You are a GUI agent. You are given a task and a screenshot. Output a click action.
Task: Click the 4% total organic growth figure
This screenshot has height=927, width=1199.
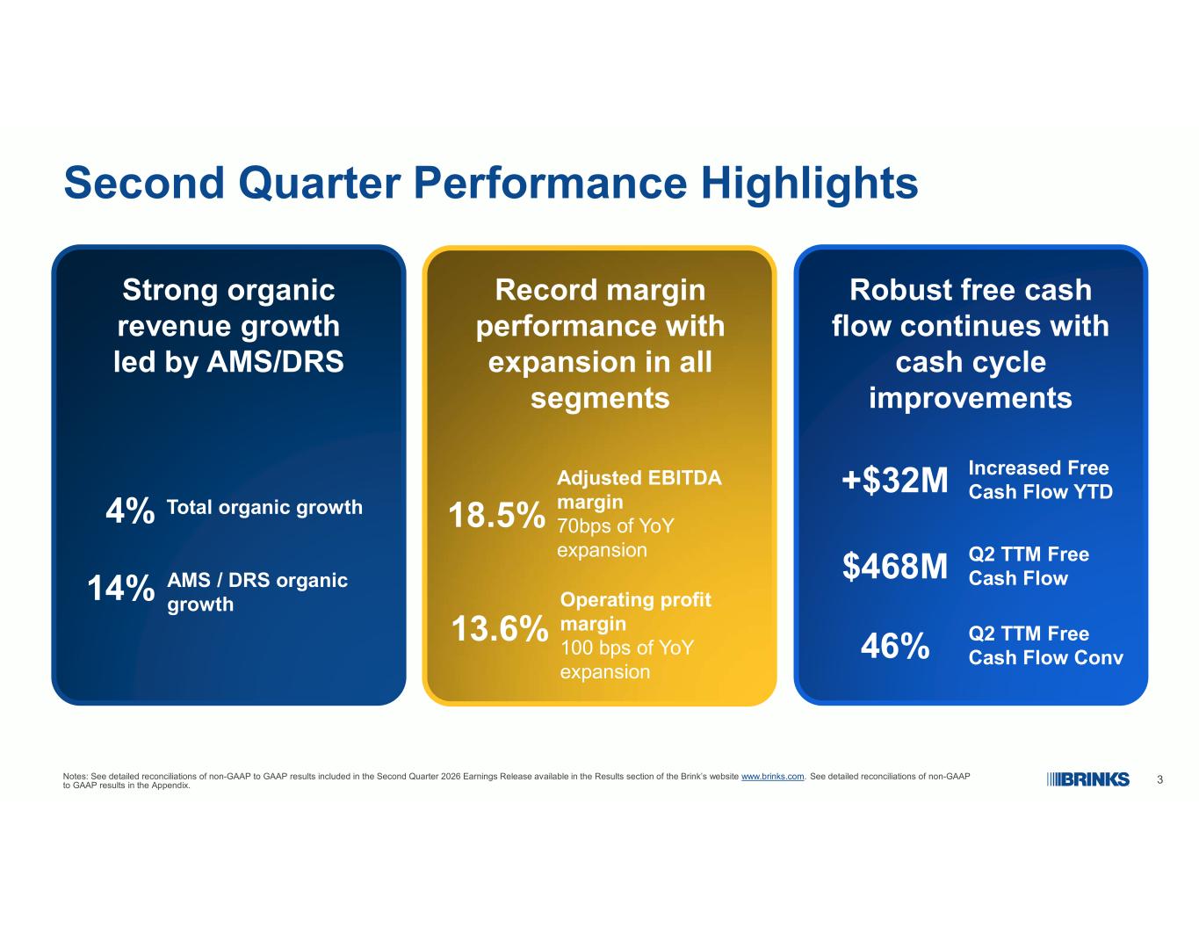130,511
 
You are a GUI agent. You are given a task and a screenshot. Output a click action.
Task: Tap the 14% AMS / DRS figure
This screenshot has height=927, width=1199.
121,588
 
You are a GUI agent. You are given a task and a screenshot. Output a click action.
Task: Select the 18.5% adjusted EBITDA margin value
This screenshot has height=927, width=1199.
496,516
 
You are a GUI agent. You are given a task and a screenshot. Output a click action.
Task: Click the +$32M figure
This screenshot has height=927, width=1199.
894,480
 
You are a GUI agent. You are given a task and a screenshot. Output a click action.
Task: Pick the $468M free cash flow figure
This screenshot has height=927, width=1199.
894,566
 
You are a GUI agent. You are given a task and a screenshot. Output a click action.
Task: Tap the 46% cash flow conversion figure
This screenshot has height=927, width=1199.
895,646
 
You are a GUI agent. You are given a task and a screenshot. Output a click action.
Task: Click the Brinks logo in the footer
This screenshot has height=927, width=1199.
1087,779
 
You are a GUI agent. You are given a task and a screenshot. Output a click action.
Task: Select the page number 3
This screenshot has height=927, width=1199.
1159,779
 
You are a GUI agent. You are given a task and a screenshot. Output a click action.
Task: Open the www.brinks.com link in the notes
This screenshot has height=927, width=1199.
772,777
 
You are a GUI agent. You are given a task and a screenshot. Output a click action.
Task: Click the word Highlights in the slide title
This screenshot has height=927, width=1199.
810,185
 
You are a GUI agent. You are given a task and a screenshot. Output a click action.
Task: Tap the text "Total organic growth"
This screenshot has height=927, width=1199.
265,508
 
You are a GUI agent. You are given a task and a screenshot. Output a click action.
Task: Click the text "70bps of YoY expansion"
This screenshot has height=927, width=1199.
616,538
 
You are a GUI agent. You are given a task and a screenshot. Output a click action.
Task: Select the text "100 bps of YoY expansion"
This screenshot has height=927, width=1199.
627,660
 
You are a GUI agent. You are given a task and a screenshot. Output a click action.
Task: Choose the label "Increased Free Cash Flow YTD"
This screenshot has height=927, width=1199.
1041,480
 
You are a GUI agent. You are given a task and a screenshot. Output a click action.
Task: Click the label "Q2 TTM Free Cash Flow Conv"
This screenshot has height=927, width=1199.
1045,646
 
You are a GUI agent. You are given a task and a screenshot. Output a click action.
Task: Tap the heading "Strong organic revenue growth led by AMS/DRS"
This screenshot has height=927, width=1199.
228,326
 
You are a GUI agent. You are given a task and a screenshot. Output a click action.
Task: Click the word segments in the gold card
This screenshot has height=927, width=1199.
600,398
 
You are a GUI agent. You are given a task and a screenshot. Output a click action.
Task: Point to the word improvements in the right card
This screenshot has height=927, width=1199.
971,398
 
